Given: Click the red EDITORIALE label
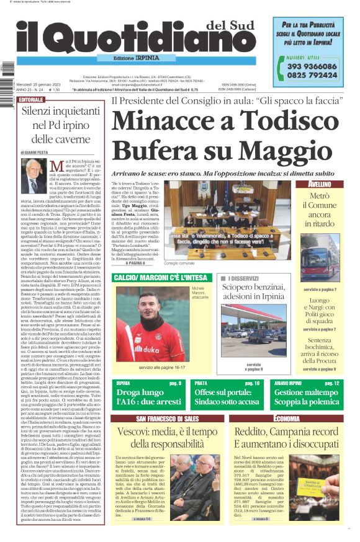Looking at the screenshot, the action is coord(31,99).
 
